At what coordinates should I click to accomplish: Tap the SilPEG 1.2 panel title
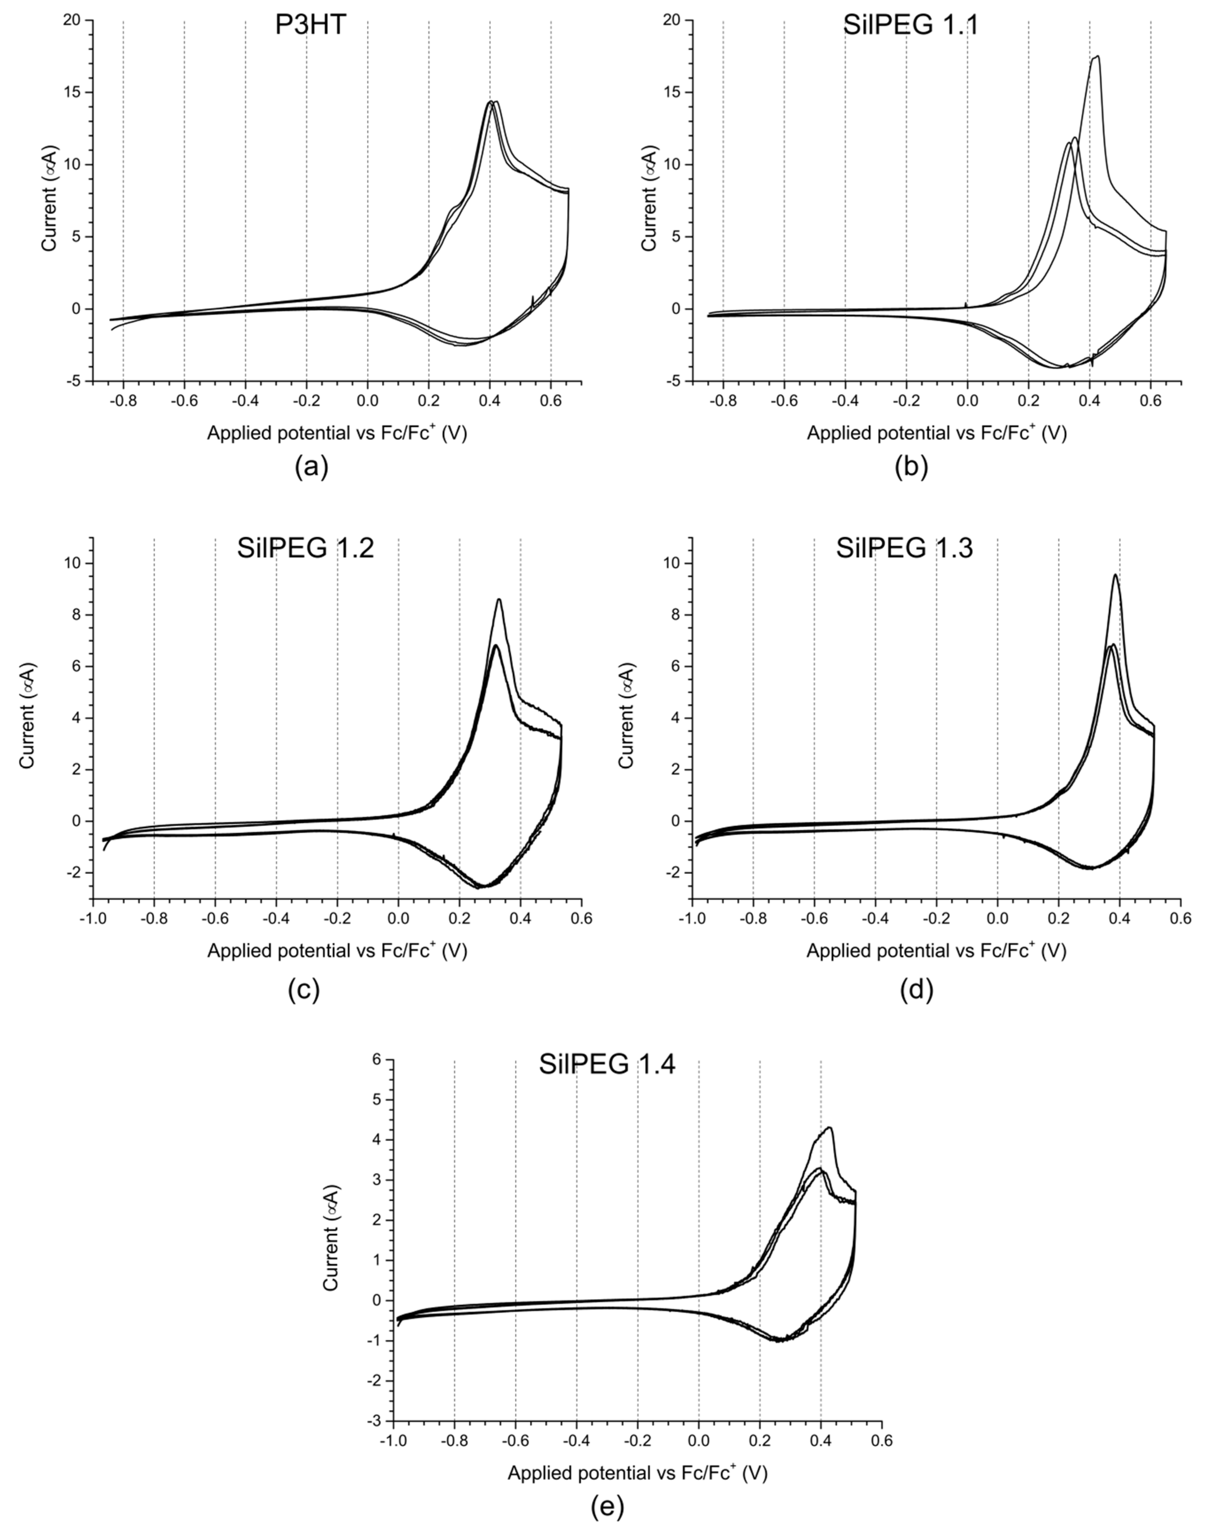click(306, 549)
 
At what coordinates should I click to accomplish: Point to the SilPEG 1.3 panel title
click(904, 549)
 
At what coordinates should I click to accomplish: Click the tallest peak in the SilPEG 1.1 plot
click(1097, 57)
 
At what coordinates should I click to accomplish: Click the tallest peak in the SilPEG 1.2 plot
click(499, 600)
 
